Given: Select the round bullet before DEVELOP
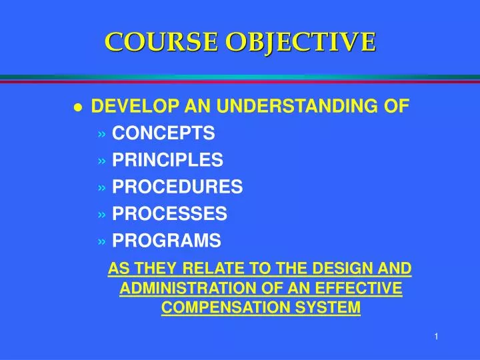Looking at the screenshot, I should coord(78,108).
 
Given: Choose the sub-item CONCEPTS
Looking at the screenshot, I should coord(163,133).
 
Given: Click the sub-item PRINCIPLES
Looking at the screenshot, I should coord(167,160).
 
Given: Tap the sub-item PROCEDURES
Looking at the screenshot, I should coord(177,187).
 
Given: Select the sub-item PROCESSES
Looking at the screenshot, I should coord(169,213).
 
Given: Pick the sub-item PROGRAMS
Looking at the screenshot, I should coord(167,240).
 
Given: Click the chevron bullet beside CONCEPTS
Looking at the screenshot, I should coord(101,134).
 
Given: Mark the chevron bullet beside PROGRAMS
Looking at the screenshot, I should coord(101,241).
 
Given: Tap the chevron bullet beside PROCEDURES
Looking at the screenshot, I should coord(101,187).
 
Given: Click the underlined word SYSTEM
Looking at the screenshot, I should coord(331,307).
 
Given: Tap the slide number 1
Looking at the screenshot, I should coord(435,337).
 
